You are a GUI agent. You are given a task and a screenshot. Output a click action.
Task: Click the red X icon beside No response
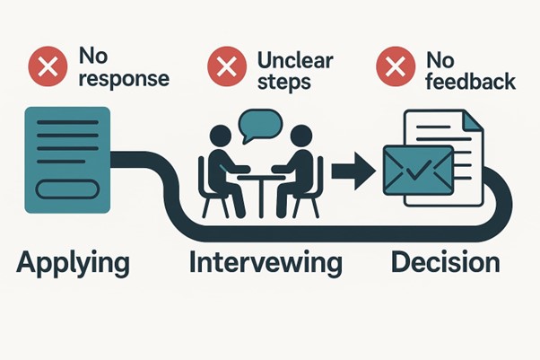click(x=48, y=66)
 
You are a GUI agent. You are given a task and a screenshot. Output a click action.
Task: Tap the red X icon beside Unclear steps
click(x=227, y=66)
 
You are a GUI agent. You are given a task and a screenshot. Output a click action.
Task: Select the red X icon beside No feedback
click(x=396, y=66)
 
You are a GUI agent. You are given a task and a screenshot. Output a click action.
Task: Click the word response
click(x=124, y=79)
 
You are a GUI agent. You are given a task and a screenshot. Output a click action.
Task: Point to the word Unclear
click(x=295, y=61)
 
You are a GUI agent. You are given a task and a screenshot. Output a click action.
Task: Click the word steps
click(x=284, y=83)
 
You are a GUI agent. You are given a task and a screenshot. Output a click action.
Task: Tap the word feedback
click(x=470, y=82)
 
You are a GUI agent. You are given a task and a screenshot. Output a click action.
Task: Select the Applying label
click(x=73, y=263)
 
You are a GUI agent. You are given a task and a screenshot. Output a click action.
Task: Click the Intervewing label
click(x=266, y=263)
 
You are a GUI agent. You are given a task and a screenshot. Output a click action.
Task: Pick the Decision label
click(x=445, y=262)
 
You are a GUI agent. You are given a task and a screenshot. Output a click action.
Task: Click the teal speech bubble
click(x=261, y=125)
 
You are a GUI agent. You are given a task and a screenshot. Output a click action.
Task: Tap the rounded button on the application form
click(x=68, y=189)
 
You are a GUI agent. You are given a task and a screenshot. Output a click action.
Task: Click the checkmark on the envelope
click(x=418, y=170)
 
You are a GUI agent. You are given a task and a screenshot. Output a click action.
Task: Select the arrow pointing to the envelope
click(x=353, y=171)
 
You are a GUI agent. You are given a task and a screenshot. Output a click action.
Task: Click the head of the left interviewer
click(x=221, y=136)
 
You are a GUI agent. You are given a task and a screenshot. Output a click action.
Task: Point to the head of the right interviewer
click(x=301, y=136)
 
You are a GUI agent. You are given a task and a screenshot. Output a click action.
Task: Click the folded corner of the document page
click(x=472, y=120)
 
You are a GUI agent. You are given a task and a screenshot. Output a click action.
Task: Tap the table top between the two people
click(x=262, y=177)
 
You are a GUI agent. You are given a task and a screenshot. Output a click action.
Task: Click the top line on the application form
click(x=67, y=122)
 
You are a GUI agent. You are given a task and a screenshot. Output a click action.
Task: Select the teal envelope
click(x=418, y=170)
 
